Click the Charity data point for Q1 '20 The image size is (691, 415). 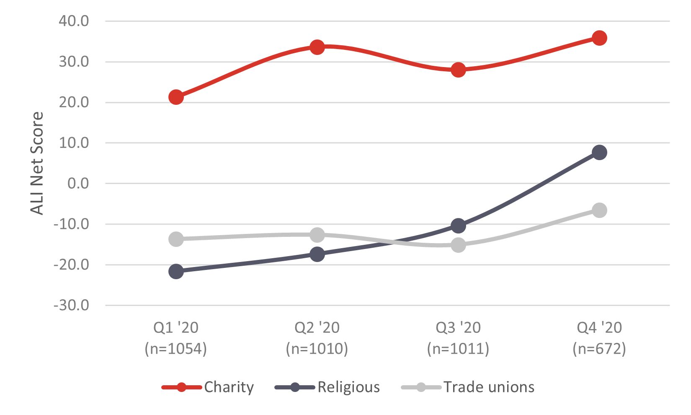[x=176, y=97]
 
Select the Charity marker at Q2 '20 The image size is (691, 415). [x=317, y=47]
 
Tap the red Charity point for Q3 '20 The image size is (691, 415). [x=458, y=70]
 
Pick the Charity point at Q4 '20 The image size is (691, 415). [x=599, y=38]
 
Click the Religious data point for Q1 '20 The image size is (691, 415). [x=176, y=271]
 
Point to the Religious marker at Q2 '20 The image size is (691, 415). [x=317, y=254]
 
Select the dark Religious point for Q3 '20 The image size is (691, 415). [x=458, y=226]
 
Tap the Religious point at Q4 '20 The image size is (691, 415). [x=599, y=152]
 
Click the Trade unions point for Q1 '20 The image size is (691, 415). [x=176, y=239]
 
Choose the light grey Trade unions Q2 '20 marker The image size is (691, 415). [x=317, y=235]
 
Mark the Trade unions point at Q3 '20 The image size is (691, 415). [x=458, y=245]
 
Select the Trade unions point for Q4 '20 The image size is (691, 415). [x=599, y=210]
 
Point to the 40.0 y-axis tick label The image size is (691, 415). [x=74, y=21]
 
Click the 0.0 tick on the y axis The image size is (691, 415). [x=78, y=183]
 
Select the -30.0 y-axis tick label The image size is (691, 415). [x=72, y=305]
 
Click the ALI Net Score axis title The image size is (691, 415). [x=37, y=163]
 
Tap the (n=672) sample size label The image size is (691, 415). [x=599, y=349]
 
